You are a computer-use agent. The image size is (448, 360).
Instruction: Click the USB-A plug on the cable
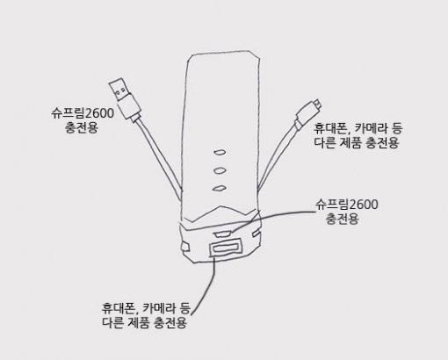(x=125, y=99)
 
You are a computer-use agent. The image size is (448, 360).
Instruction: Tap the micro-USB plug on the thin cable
(x=308, y=113)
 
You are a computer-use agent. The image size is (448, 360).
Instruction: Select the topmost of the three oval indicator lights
(x=220, y=152)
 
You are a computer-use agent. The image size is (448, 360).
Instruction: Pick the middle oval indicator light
(x=220, y=170)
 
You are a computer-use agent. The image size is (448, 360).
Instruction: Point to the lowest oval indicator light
(x=219, y=188)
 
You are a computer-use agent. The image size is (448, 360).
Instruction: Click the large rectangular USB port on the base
(x=225, y=248)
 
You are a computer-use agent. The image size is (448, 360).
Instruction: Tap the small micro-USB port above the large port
(x=222, y=234)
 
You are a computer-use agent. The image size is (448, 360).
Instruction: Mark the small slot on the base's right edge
(x=256, y=234)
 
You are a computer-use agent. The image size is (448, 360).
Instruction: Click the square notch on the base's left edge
(x=184, y=247)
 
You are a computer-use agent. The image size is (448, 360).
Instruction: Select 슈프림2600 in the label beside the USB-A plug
(x=83, y=113)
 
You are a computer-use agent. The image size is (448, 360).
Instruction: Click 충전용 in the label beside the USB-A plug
(x=82, y=127)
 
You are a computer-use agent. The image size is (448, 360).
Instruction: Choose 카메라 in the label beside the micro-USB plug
(x=370, y=128)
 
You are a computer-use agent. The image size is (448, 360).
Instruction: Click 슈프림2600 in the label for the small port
(x=347, y=205)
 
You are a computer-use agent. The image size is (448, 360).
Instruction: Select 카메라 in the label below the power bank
(x=158, y=308)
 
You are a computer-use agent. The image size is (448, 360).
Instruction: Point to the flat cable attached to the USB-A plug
(x=160, y=158)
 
